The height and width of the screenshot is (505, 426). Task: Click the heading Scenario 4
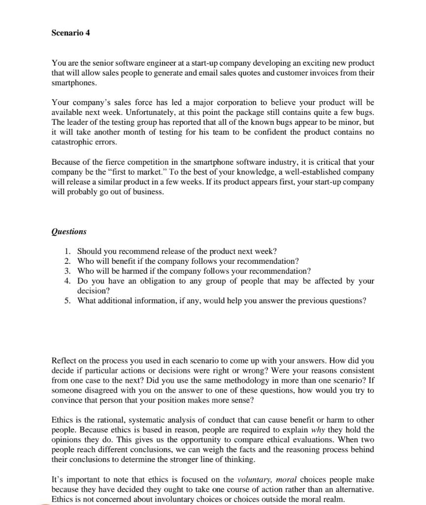point(70,33)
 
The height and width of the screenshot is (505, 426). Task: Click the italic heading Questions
point(69,232)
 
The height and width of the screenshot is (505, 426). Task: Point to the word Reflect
point(64,361)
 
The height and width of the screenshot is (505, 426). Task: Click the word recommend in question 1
point(125,252)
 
